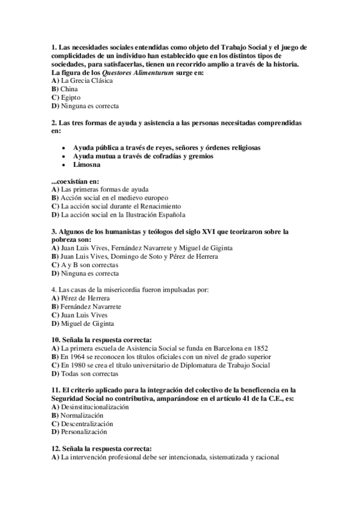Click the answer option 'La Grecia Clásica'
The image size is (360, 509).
click(82, 80)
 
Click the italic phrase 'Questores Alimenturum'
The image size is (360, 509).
click(137, 72)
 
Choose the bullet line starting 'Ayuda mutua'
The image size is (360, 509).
click(142, 156)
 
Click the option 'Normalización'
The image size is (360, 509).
click(82, 415)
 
